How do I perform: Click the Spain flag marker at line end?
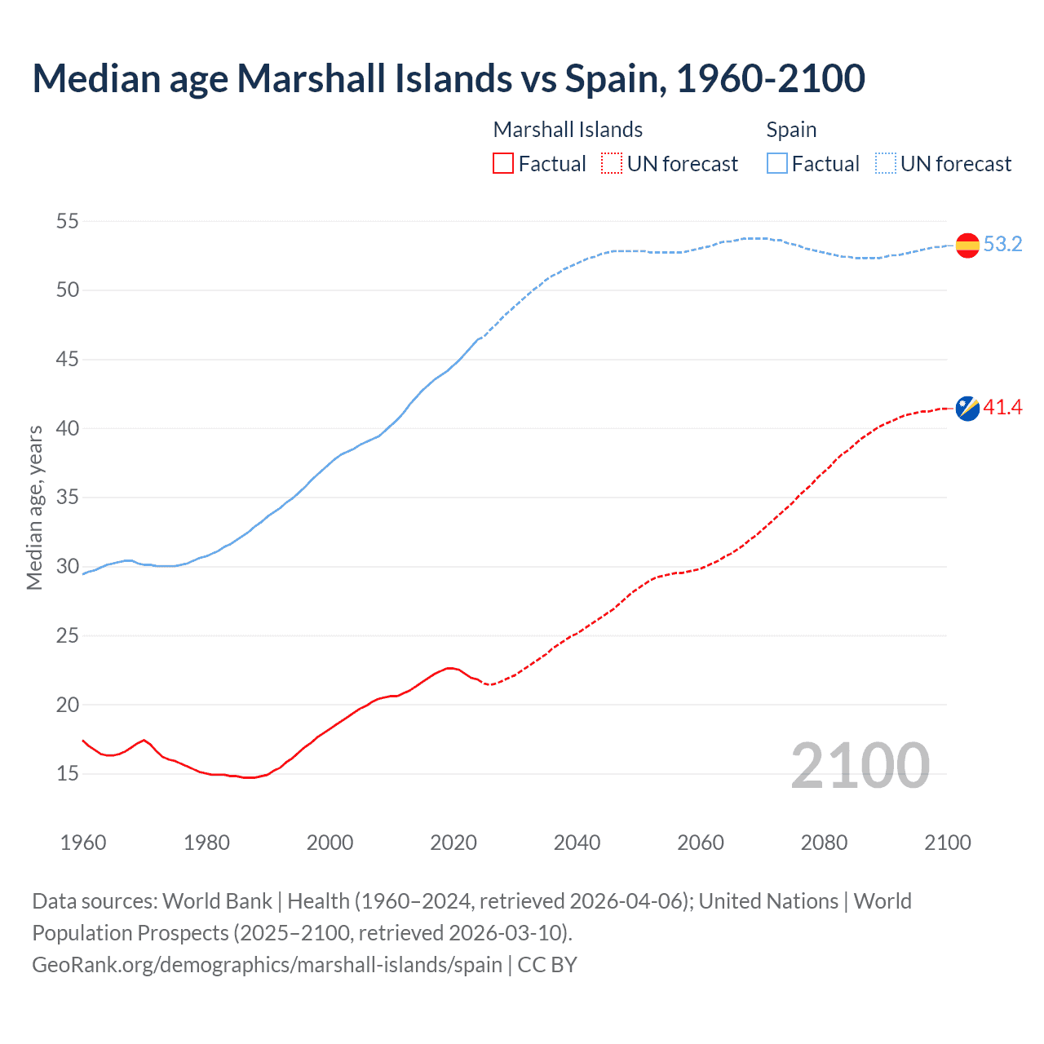[x=967, y=245]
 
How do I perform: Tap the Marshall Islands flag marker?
[x=967, y=408]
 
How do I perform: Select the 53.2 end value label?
[x=1002, y=245]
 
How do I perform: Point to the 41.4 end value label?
[x=1002, y=407]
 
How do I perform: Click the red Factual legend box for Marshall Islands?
[x=503, y=164]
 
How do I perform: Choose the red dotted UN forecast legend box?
[x=612, y=164]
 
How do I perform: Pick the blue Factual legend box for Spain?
[x=776, y=164]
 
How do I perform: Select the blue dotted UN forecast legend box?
[x=885, y=164]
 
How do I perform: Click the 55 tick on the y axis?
[x=68, y=221]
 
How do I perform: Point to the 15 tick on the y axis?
[x=68, y=773]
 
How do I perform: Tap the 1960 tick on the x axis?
[x=83, y=843]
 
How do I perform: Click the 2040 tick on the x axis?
[x=577, y=843]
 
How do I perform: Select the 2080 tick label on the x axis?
[x=824, y=843]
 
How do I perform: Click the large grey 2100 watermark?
[x=860, y=765]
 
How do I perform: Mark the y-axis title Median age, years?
[x=34, y=507]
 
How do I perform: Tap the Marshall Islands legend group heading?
[x=568, y=130]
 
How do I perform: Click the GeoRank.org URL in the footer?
[x=267, y=964]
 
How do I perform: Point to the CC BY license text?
[x=547, y=964]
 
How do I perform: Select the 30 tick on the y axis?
[x=68, y=566]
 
